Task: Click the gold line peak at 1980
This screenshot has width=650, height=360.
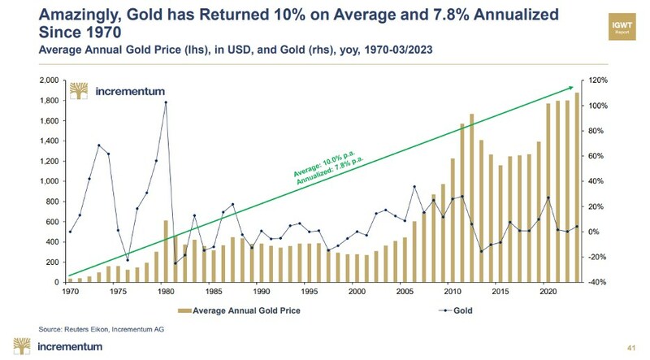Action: tap(165, 102)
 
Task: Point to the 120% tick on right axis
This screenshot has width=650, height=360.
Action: tap(598, 80)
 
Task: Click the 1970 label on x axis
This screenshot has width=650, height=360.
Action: tap(71, 290)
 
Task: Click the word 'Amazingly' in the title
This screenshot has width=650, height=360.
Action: tap(63, 14)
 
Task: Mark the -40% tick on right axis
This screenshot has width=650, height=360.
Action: tap(598, 282)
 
